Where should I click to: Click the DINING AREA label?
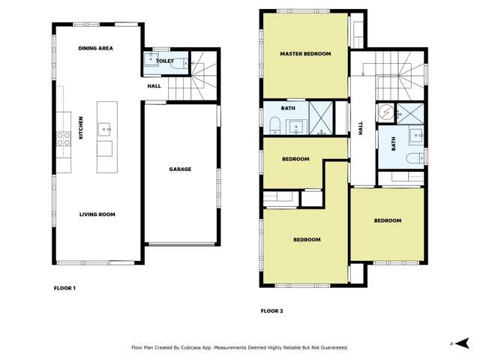[95, 48]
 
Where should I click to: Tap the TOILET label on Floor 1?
[165, 61]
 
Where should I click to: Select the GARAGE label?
[180, 169]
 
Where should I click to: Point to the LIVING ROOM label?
[97, 214]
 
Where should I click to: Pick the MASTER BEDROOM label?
[305, 54]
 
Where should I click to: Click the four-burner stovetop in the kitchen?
[64, 137]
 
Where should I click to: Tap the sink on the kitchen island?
[104, 128]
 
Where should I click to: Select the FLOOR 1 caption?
[64, 288]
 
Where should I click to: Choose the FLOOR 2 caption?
[271, 310]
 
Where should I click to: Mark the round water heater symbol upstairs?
[385, 112]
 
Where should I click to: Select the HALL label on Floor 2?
[361, 128]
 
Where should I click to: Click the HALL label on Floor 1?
[154, 86]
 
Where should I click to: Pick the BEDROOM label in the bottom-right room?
[387, 220]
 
